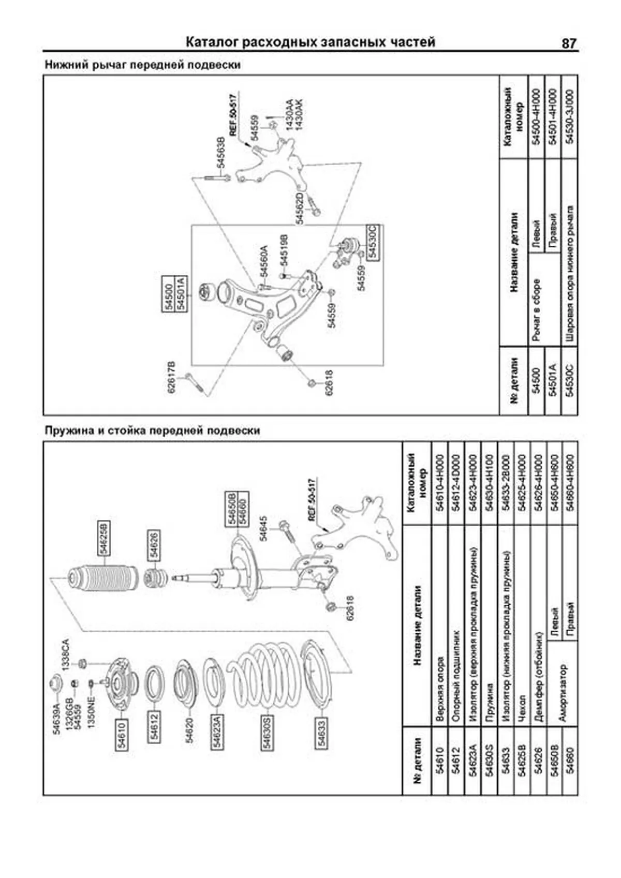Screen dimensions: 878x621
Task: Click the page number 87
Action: click(x=568, y=43)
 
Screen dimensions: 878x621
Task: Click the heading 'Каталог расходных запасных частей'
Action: click(x=310, y=42)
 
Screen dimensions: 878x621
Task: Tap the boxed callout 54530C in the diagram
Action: click(x=373, y=242)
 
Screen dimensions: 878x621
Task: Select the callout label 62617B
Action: click(x=172, y=377)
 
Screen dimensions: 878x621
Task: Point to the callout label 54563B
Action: click(x=220, y=153)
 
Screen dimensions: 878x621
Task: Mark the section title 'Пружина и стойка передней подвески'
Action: click(x=152, y=430)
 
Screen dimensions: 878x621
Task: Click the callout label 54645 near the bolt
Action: click(x=263, y=528)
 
